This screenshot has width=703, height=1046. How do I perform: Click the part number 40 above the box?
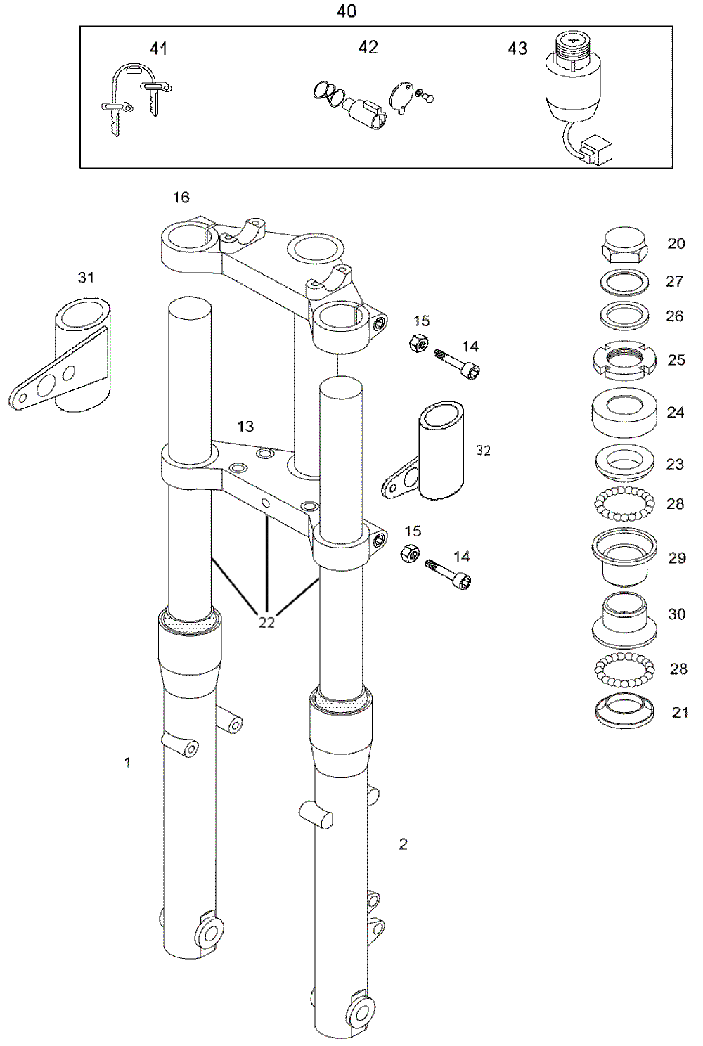coord(346,12)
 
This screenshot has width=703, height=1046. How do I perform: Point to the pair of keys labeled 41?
coord(136,99)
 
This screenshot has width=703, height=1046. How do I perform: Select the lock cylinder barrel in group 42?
coord(364,113)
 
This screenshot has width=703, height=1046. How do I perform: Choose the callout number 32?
coord(484,451)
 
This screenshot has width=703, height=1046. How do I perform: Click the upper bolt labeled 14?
coord(457,364)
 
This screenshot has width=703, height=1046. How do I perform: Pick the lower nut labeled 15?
coord(410,553)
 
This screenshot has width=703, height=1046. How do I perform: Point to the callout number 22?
coord(266,622)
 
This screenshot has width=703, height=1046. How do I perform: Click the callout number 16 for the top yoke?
coord(181,198)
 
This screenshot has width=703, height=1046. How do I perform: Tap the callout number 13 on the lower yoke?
coord(246,426)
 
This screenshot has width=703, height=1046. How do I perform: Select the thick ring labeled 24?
coord(624,412)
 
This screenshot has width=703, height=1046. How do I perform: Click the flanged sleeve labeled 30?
coord(624,620)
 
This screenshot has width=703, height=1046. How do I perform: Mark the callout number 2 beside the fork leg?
coord(403,844)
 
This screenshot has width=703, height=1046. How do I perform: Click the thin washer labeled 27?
coord(624,282)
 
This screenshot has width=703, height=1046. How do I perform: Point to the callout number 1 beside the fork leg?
coord(127,763)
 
